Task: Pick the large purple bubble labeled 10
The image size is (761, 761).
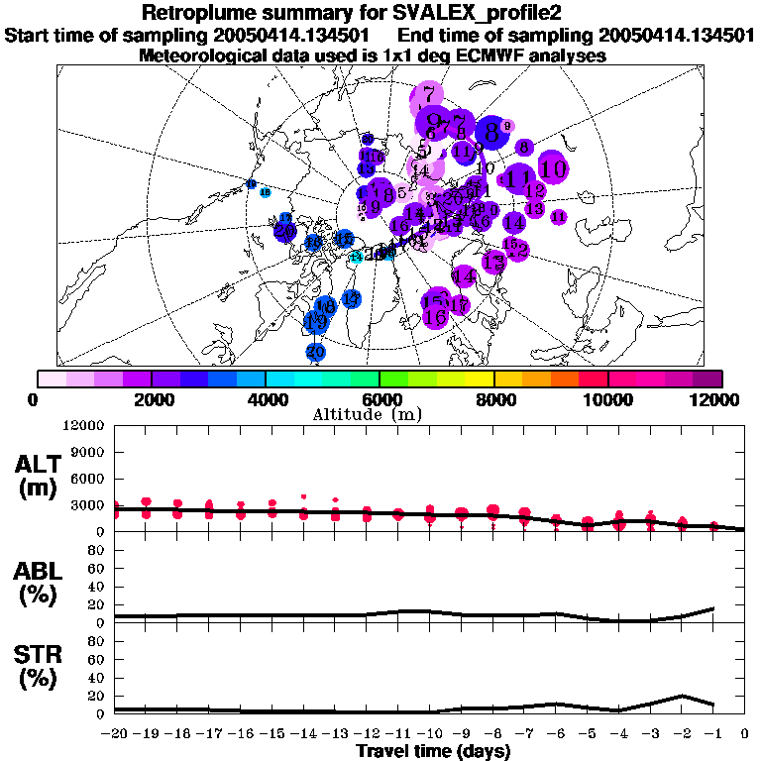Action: tap(553, 168)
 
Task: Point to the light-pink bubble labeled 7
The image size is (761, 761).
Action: tap(428, 96)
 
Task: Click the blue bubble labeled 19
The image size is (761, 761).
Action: tap(316, 322)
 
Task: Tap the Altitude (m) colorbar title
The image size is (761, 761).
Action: tap(380, 413)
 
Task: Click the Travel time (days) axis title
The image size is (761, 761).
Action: tap(433, 751)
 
